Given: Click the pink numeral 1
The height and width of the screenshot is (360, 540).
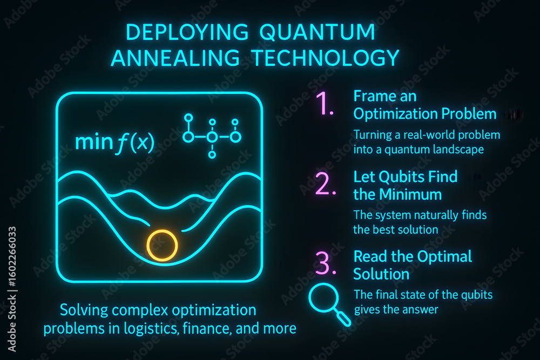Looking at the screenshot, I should [325, 103].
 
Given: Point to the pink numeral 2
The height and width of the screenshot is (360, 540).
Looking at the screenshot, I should [326, 184].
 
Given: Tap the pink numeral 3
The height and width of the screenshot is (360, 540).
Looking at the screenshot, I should [324, 263].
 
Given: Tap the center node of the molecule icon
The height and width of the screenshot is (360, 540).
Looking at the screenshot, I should [212, 138].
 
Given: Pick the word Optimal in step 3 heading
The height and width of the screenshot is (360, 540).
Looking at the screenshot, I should [440, 256].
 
